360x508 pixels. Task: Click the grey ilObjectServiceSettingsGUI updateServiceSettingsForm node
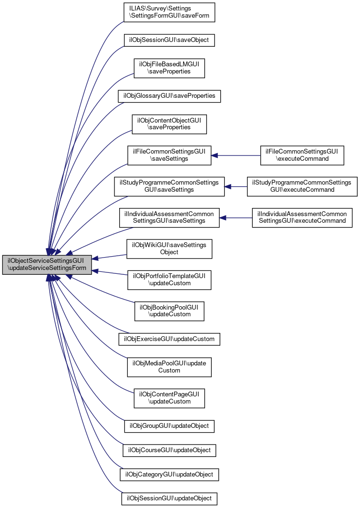pyautogui.click(x=46, y=265)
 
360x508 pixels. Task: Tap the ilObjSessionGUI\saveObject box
pyautogui.click(x=169, y=40)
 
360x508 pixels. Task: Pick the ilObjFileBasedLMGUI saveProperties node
pyautogui.click(x=169, y=68)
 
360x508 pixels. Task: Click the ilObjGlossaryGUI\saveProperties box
pyautogui.click(x=169, y=96)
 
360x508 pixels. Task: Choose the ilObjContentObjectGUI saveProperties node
pyautogui.click(x=169, y=124)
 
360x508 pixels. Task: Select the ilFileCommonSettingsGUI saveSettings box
pyautogui.click(x=169, y=156)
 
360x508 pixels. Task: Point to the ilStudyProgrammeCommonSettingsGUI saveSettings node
pyautogui.click(x=169, y=186)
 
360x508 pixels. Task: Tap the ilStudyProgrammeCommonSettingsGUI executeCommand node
pyautogui.click(x=302, y=186)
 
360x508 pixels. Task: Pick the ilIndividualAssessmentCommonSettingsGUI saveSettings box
pyautogui.click(x=169, y=218)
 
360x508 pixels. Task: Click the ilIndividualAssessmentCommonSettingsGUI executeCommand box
pyautogui.click(x=302, y=218)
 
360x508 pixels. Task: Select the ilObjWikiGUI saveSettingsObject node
pyautogui.click(x=169, y=249)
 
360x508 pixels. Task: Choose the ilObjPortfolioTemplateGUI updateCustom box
pyautogui.click(x=169, y=280)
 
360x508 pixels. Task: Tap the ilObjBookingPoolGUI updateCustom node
pyautogui.click(x=169, y=311)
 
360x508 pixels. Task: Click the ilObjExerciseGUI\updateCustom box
pyautogui.click(x=169, y=339)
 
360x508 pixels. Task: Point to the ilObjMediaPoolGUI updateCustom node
pyautogui.click(x=169, y=367)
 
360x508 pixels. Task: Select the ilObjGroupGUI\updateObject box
pyautogui.click(x=169, y=425)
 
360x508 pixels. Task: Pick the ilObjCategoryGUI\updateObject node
pyautogui.click(x=169, y=475)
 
